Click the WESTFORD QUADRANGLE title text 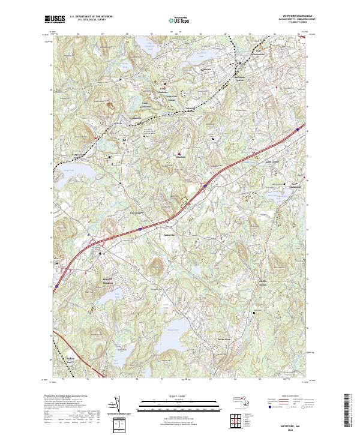[292, 16]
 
